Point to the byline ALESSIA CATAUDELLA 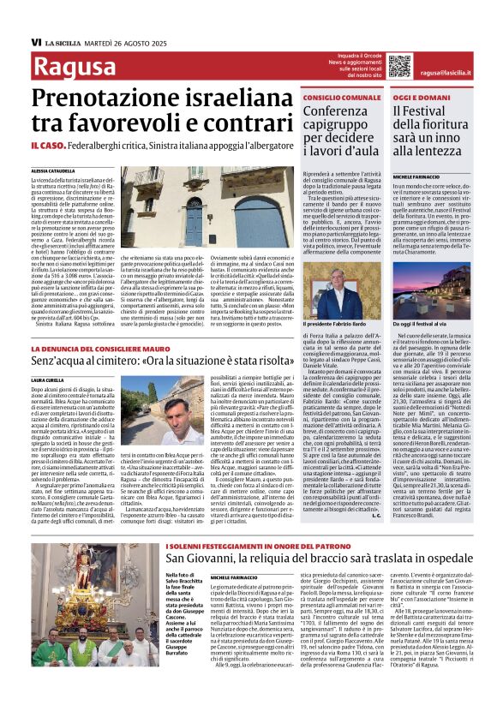click(52, 171)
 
